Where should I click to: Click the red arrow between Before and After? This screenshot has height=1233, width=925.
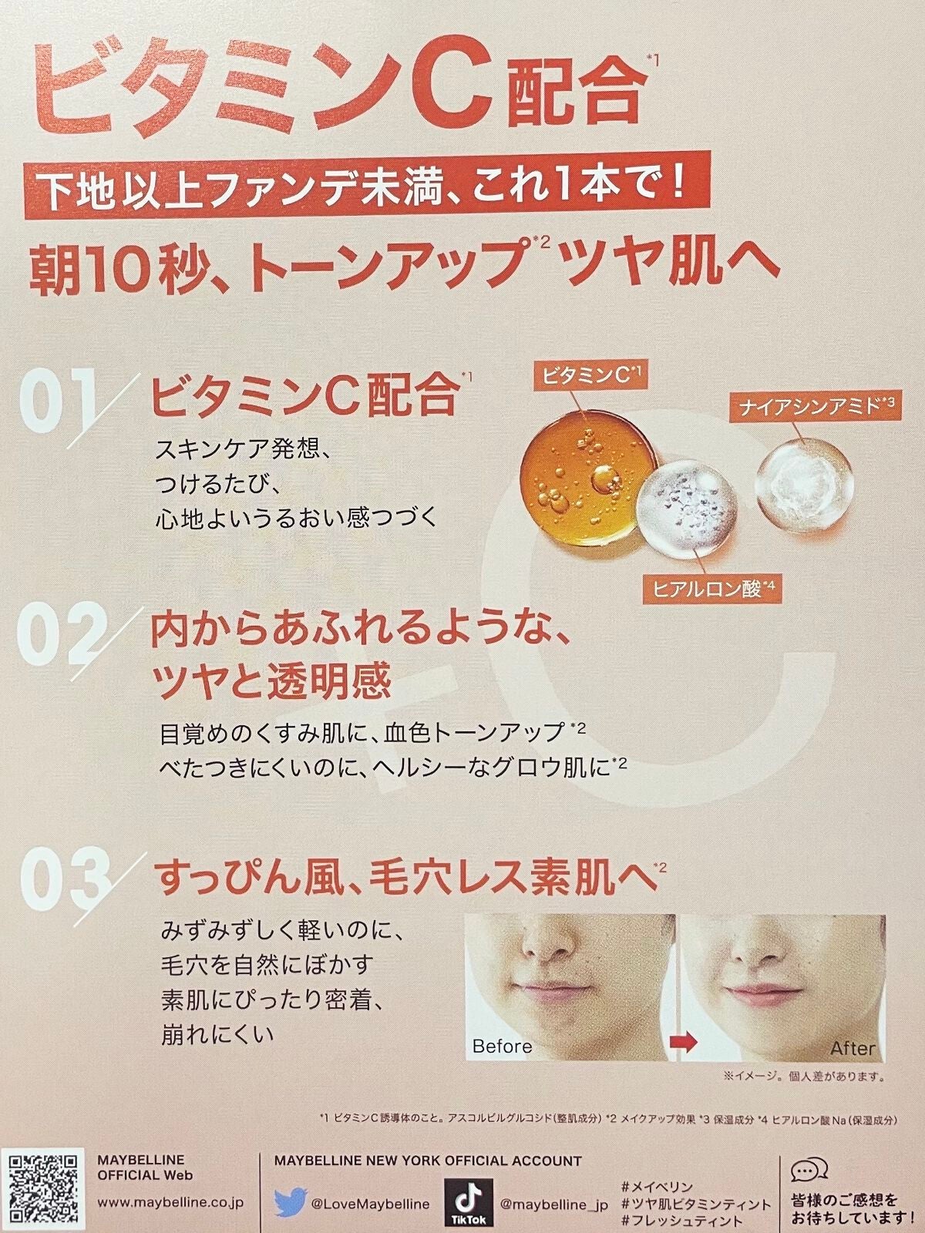tap(681, 1042)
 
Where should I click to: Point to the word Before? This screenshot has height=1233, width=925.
tap(502, 1046)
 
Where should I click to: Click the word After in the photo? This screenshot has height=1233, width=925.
tap(852, 1048)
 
